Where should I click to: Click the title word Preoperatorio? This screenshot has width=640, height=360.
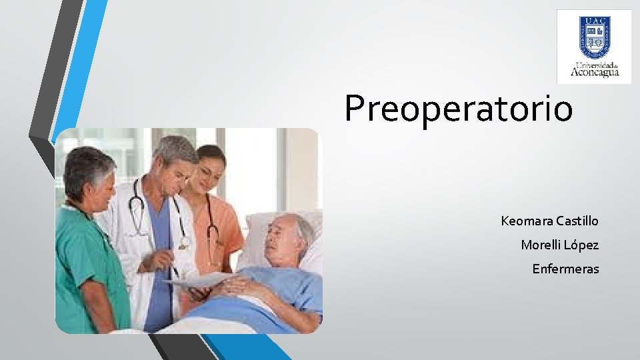tap(458, 108)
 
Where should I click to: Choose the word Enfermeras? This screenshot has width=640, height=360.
tap(565, 269)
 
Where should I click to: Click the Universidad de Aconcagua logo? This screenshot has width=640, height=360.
tap(594, 47)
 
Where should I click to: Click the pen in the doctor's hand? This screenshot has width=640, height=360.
tap(175, 271)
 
